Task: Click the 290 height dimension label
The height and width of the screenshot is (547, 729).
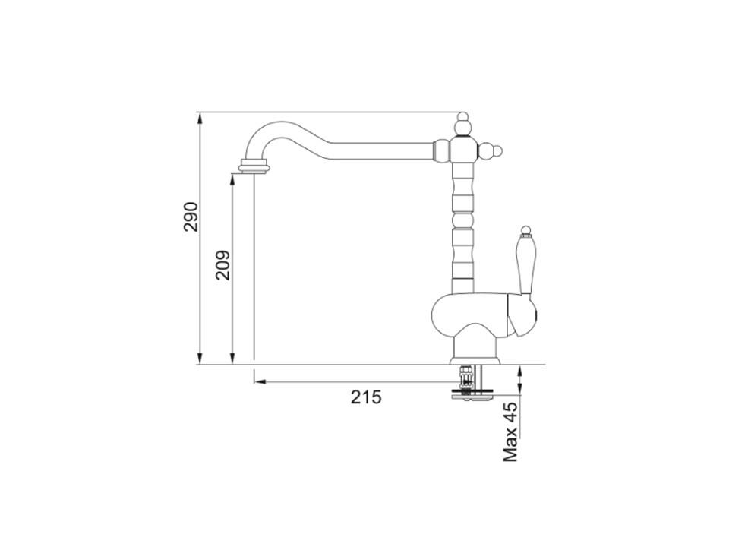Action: (191, 217)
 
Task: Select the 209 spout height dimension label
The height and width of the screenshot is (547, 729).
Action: (223, 265)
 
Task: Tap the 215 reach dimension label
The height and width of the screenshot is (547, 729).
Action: (366, 397)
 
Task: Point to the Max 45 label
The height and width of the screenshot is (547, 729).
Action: (510, 432)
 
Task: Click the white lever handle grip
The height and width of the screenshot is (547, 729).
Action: (525, 265)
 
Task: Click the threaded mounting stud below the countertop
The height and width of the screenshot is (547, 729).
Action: (464, 378)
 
